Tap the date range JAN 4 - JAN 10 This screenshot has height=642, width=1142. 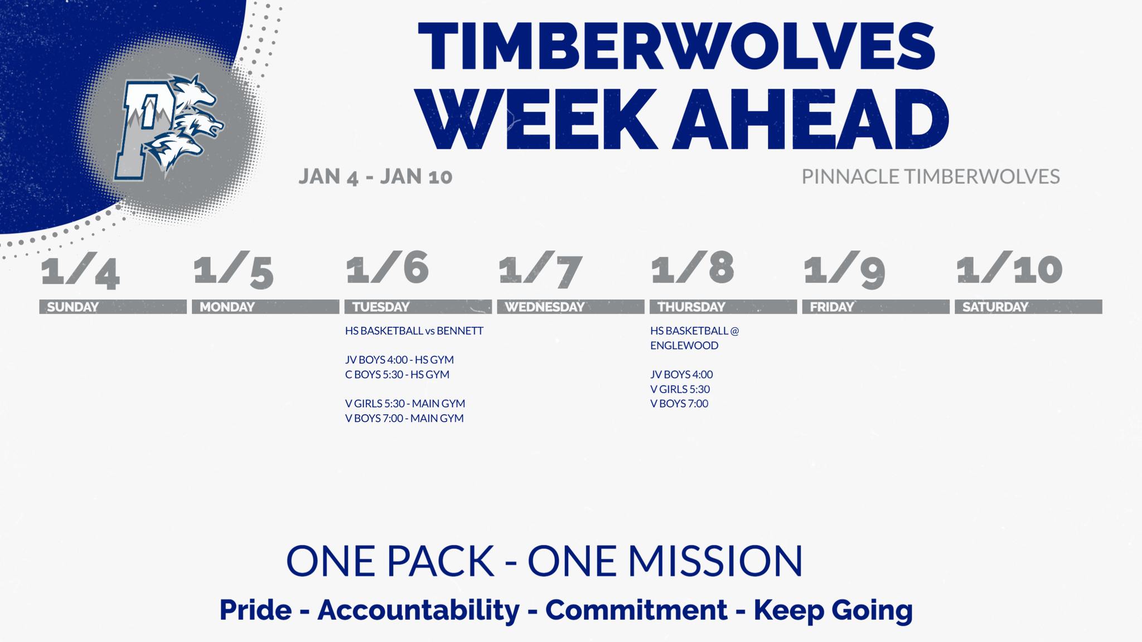(375, 177)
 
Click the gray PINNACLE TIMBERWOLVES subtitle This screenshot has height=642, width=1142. (931, 177)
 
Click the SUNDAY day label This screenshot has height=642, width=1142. (72, 307)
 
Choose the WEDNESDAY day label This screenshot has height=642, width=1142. (544, 307)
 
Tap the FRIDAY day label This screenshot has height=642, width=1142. (832, 307)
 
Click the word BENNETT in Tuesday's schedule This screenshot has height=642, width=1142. (460, 330)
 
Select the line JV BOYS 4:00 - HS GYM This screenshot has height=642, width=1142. (399, 359)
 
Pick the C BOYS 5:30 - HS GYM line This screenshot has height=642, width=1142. (397, 374)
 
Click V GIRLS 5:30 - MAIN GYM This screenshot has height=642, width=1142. (405, 403)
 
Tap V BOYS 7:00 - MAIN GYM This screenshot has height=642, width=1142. (404, 417)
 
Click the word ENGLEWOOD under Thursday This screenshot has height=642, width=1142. (684, 345)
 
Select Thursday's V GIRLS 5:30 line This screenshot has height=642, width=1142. (680, 388)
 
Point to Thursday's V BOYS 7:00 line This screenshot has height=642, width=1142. (679, 403)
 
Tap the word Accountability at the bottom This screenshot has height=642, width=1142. (419, 610)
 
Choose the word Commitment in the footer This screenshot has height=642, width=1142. (636, 610)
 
